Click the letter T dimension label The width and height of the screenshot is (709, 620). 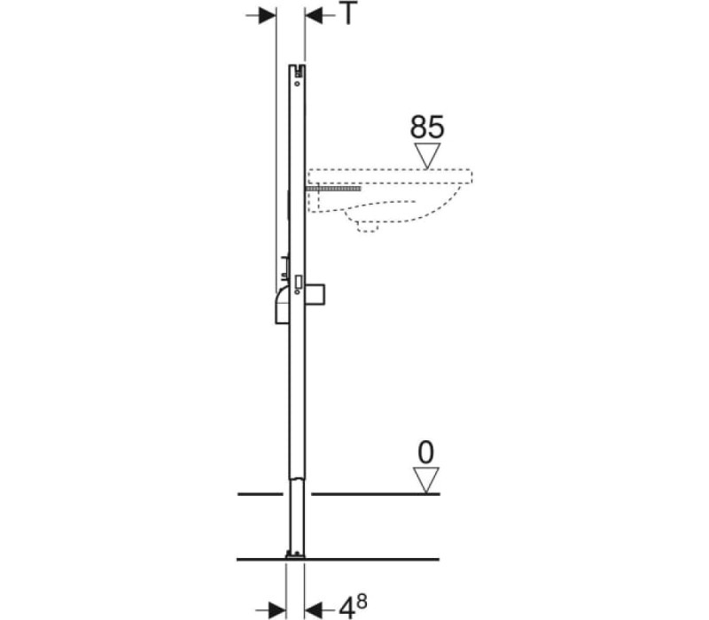(x=348, y=13)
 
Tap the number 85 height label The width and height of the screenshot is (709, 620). (x=427, y=127)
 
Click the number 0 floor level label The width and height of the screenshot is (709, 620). (x=426, y=453)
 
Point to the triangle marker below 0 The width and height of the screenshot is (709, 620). (x=426, y=480)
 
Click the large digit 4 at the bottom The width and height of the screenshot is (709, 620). (x=347, y=608)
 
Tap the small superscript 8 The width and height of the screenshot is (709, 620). (x=362, y=601)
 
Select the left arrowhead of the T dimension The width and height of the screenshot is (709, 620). (x=268, y=16)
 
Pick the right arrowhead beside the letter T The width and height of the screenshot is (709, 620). (x=314, y=16)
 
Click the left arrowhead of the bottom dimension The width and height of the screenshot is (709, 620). (x=277, y=608)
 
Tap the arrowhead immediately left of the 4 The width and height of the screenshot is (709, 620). (x=313, y=608)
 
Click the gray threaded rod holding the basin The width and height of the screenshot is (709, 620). (x=334, y=188)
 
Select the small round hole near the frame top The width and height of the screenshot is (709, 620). (x=297, y=83)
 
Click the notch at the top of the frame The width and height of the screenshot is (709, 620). (x=297, y=70)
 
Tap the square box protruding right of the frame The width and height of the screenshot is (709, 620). (x=316, y=295)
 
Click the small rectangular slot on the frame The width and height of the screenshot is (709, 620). (x=299, y=282)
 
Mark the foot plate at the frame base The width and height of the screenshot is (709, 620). (x=295, y=555)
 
